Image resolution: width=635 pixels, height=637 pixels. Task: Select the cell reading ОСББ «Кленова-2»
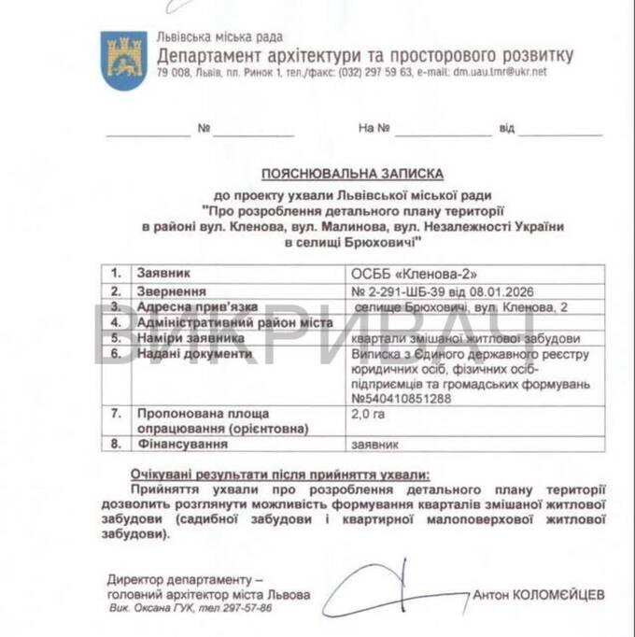pyautogui.click(x=413, y=274)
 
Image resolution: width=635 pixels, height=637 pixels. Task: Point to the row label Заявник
pyautogui.click(x=163, y=274)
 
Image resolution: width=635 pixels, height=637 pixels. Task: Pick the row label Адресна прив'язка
pyautogui.click(x=190, y=306)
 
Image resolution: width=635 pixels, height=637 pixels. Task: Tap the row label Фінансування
pyautogui.click(x=182, y=445)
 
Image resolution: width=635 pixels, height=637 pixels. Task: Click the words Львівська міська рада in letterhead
pyautogui.click(x=219, y=37)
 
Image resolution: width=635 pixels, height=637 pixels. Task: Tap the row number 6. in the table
pyautogui.click(x=117, y=355)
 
